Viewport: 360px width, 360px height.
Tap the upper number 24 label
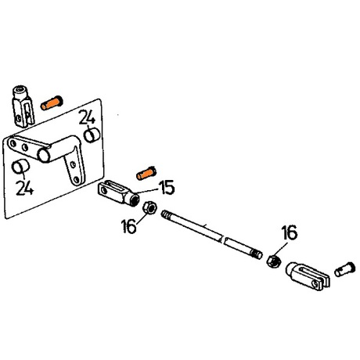click(87, 117)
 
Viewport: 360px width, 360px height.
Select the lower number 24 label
click(24, 187)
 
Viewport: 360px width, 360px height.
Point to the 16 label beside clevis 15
click(129, 225)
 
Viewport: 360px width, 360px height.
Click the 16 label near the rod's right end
click(290, 232)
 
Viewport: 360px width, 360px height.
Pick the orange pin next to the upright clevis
click(52, 103)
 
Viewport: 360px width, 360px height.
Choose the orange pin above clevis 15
click(146, 174)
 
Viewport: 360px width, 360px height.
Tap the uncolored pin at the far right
click(345, 269)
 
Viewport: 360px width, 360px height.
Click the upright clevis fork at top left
click(23, 106)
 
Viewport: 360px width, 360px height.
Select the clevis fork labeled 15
click(118, 193)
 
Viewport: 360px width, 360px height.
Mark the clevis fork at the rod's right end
click(308, 276)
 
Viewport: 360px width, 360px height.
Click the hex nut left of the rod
click(149, 208)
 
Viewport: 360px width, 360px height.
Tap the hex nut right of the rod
click(273, 261)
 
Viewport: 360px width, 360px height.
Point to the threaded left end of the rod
click(166, 215)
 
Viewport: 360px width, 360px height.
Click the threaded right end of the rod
click(257, 254)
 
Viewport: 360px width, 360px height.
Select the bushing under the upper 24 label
click(92, 135)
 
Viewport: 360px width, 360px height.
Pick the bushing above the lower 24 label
click(21, 167)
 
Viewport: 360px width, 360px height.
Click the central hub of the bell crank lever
click(44, 155)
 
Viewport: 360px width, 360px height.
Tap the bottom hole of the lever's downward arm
click(77, 180)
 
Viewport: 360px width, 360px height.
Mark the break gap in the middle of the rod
click(224, 239)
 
